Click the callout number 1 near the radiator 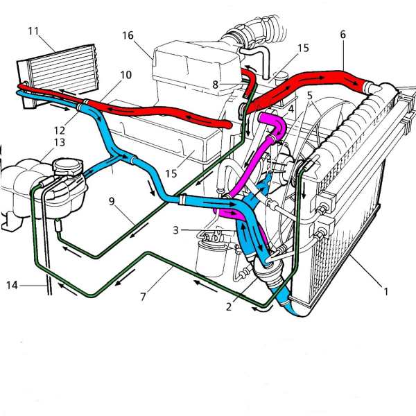tap(386, 291)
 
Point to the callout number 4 tap(291, 110)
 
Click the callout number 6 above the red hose tap(343, 33)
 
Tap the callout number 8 tap(216, 85)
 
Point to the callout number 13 tap(60, 141)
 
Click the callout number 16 tap(127, 35)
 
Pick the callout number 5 tap(310, 96)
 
